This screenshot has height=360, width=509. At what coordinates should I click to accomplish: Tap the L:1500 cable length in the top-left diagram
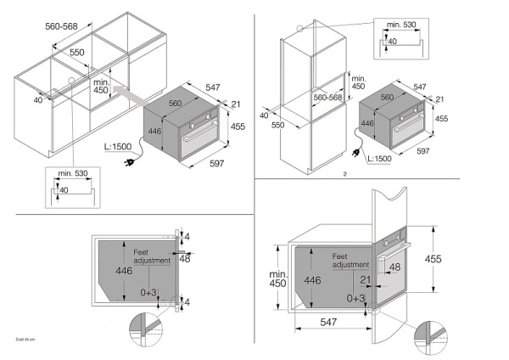pyautogui.click(x=119, y=147)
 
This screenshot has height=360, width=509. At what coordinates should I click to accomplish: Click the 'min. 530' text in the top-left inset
pyautogui.click(x=74, y=174)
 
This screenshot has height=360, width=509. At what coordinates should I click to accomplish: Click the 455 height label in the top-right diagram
pyautogui.click(x=443, y=118)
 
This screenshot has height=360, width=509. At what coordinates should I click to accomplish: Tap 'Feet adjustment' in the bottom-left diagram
pyautogui.click(x=152, y=256)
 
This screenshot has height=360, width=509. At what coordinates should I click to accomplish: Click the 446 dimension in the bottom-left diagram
pyautogui.click(x=125, y=271)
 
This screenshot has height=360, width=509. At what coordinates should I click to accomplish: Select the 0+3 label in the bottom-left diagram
pyautogui.click(x=149, y=292)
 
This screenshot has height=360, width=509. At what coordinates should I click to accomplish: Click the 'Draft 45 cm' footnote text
pyautogui.click(x=25, y=339)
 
